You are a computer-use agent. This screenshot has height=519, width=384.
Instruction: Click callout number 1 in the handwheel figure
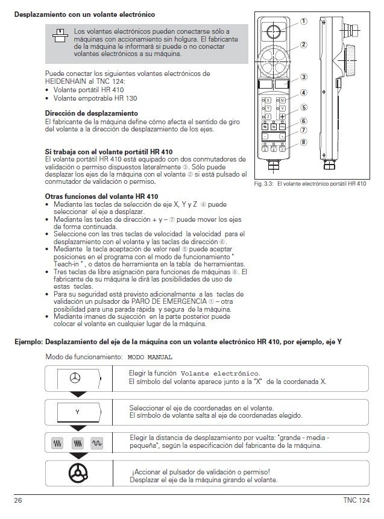pyautogui.click(x=304, y=20)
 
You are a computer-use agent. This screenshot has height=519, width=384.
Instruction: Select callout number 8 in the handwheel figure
pyautogui.click(x=304, y=142)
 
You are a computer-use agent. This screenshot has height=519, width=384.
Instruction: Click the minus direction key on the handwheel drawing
pyautogui.click(x=265, y=137)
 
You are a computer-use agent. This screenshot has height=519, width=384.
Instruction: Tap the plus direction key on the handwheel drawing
pyautogui.click(x=282, y=137)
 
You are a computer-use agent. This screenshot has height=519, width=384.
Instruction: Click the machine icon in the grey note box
pyautogui.click(x=59, y=34)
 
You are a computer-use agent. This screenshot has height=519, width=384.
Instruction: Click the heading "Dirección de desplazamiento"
pyautogui.click(x=87, y=113)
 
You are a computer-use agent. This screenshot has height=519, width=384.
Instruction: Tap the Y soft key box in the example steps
pyautogui.click(x=77, y=411)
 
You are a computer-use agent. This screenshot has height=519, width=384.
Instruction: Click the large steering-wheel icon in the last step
pyautogui.click(x=77, y=471)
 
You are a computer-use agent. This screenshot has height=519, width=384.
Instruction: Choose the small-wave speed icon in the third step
pyautogui.click(x=96, y=442)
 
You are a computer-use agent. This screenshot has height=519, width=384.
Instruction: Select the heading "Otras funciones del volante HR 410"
pyautogui.click(x=102, y=197)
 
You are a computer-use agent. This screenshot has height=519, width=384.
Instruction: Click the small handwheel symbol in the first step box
pyautogui.click(x=77, y=378)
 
